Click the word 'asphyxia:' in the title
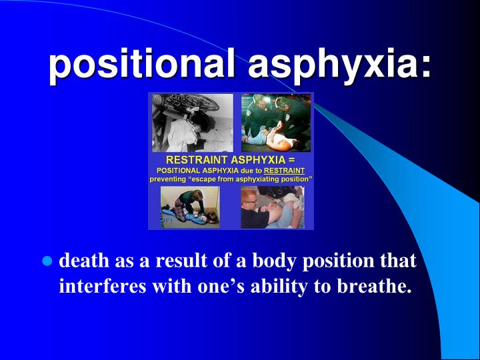(339, 66)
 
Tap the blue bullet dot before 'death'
(47, 261)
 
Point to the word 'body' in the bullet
(271, 261)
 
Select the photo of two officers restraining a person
(276, 123)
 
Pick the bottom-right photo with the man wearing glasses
(273, 207)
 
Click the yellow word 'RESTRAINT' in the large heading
(198, 160)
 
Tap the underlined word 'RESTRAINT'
(285, 170)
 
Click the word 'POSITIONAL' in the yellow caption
(180, 170)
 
